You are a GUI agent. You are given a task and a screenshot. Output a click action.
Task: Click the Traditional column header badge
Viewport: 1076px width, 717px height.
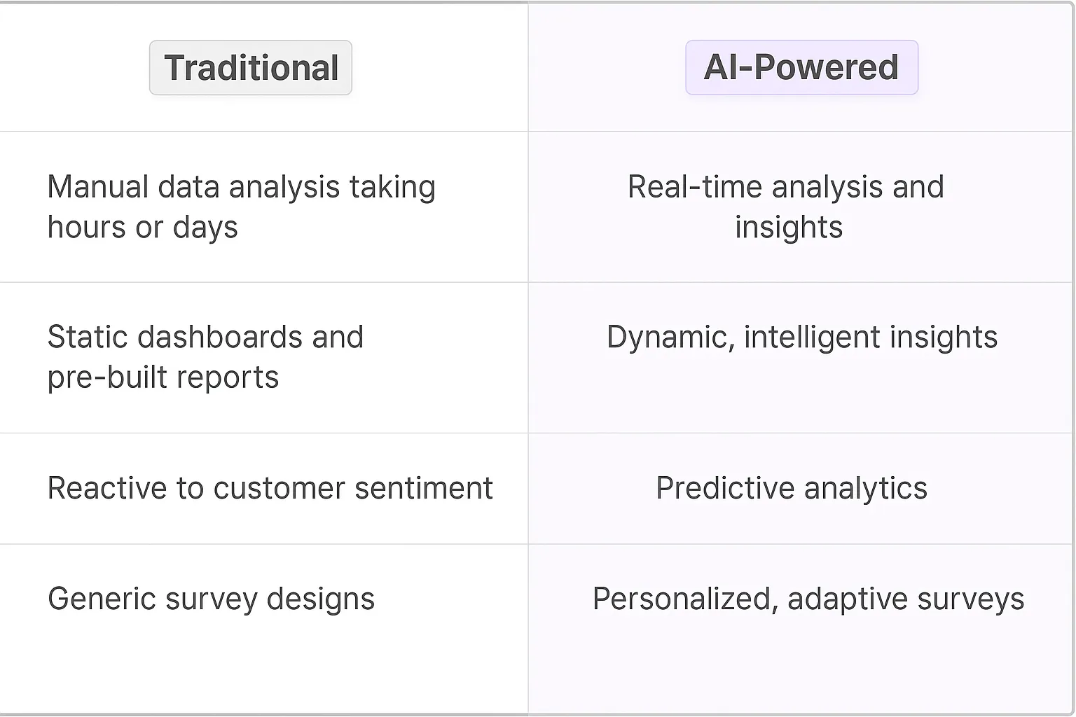(251, 68)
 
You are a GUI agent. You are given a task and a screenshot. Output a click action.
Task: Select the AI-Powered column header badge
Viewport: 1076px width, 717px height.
(801, 67)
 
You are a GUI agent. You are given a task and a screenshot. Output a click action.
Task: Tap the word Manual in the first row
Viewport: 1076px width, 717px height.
(98, 187)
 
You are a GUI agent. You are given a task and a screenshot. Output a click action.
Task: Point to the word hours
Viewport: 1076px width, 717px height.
(87, 228)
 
